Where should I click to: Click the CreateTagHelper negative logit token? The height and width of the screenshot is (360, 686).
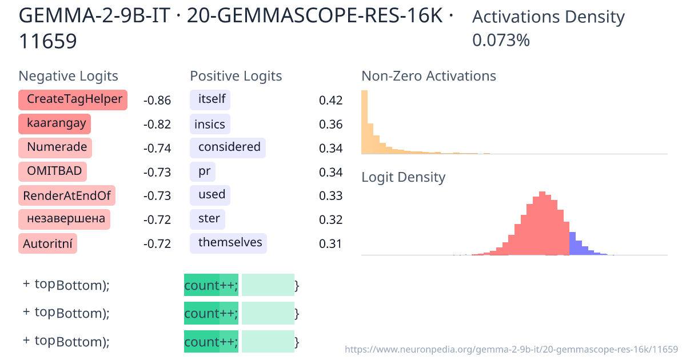pyautogui.click(x=73, y=99)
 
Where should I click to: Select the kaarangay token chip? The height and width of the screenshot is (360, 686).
pyautogui.click(x=55, y=123)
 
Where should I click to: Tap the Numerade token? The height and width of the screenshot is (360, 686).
pyautogui.click(x=55, y=147)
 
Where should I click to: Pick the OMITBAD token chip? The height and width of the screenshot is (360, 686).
pyautogui.click(x=53, y=171)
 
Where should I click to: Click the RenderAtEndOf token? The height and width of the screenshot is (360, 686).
pyautogui.click(x=67, y=195)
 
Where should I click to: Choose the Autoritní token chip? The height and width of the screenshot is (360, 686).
pyautogui.click(x=48, y=243)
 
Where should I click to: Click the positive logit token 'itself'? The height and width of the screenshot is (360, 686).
pyautogui.click(x=210, y=99)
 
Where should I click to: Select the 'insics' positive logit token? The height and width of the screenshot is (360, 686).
pyautogui.click(x=209, y=124)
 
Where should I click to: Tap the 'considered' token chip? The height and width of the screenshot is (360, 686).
pyautogui.click(x=228, y=147)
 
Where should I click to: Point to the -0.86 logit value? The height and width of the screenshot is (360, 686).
pyautogui.click(x=157, y=101)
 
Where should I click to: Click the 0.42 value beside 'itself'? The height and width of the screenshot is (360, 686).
pyautogui.click(x=330, y=101)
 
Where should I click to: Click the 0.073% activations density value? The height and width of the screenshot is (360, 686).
pyautogui.click(x=501, y=40)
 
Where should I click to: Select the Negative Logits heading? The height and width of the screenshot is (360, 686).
pyautogui.click(x=69, y=76)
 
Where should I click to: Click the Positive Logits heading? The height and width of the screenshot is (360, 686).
pyautogui.click(x=236, y=76)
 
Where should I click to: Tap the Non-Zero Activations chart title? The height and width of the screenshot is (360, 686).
pyautogui.click(x=429, y=76)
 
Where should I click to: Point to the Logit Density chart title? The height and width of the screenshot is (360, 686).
pyautogui.click(x=403, y=177)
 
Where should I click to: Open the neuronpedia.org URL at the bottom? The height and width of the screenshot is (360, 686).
pyautogui.click(x=512, y=349)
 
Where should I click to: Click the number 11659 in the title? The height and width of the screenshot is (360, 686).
pyautogui.click(x=48, y=41)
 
